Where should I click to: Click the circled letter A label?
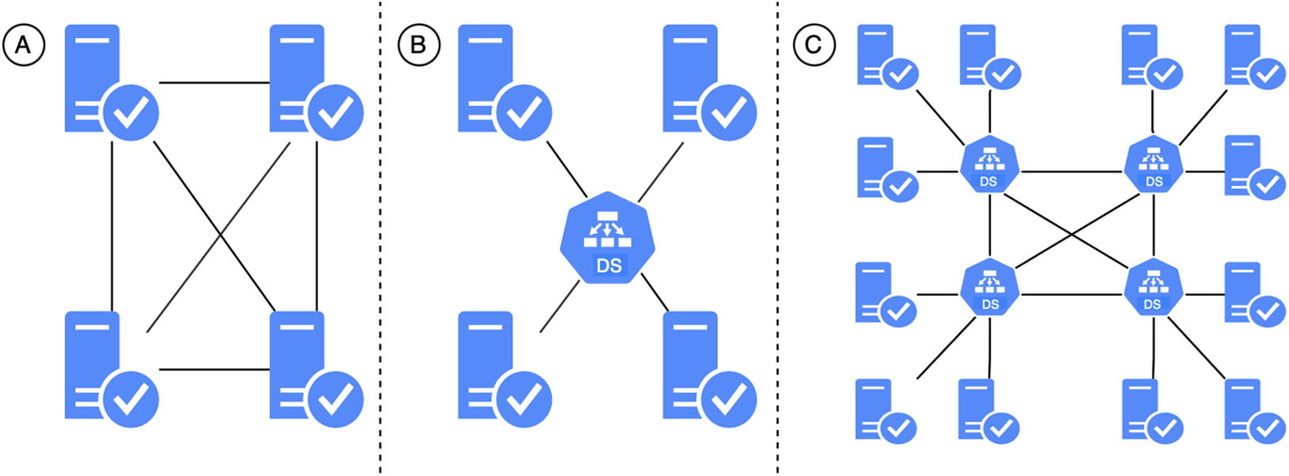coord(24,45)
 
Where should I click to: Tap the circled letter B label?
coord(418,45)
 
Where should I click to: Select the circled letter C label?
coord(814,45)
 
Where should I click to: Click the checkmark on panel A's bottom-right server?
coord(335,399)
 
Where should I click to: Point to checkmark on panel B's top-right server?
coord(728,112)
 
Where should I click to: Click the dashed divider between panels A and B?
coord(380,238)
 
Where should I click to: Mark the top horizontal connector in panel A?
coord(214,83)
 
